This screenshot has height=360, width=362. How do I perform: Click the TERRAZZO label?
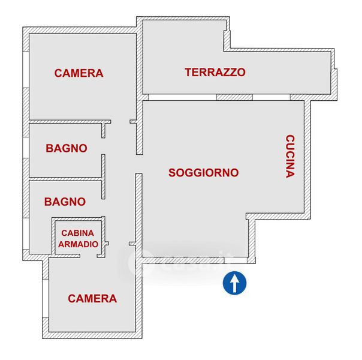point(215,73)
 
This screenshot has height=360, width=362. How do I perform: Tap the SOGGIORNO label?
point(203,173)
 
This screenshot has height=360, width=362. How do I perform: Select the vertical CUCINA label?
point(290,156)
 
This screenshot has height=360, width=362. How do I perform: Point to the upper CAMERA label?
point(79,73)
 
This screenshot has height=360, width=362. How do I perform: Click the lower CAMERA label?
point(92,298)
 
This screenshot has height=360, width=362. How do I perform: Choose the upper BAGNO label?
point(66,148)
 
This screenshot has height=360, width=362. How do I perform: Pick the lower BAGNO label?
point(65,202)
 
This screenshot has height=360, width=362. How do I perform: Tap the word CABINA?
point(78,233)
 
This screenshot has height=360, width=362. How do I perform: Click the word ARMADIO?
point(78,244)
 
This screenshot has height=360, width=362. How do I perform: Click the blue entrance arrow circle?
point(236,283)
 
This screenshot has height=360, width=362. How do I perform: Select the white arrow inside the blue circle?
point(236,282)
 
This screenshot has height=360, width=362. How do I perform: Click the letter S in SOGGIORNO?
point(173,173)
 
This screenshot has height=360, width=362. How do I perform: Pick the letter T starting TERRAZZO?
point(188,73)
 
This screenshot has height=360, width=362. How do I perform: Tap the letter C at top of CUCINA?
point(290,139)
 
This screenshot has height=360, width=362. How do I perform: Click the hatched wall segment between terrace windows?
point(234,97)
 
